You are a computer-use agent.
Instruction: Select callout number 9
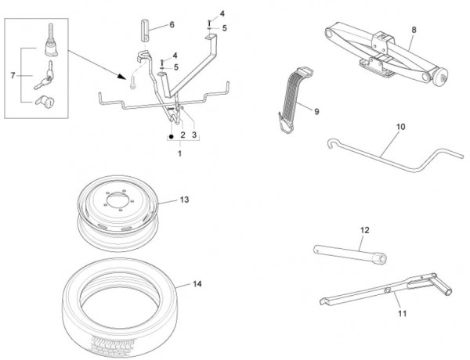pos(316,112)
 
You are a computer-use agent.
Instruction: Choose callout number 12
pos(363,230)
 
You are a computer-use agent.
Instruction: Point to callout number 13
pos(184,200)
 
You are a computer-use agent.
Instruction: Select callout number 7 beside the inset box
pos(12,75)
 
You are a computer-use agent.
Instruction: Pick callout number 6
pos(172,25)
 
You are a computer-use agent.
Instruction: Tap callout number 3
pos(194,135)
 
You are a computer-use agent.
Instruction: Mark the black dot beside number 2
pos(169,135)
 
